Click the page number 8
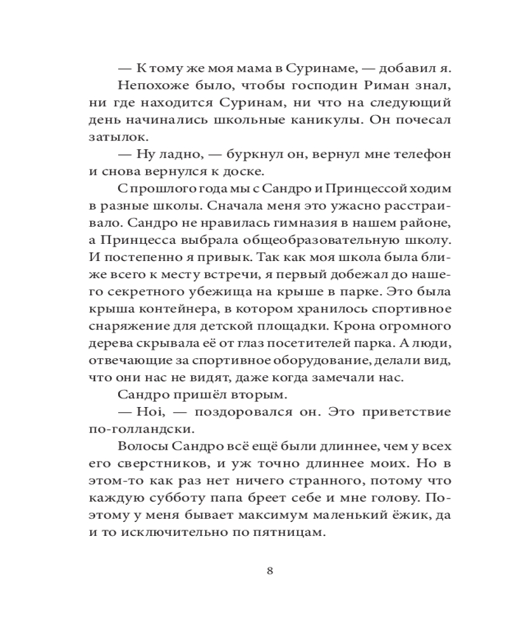[270, 570]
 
